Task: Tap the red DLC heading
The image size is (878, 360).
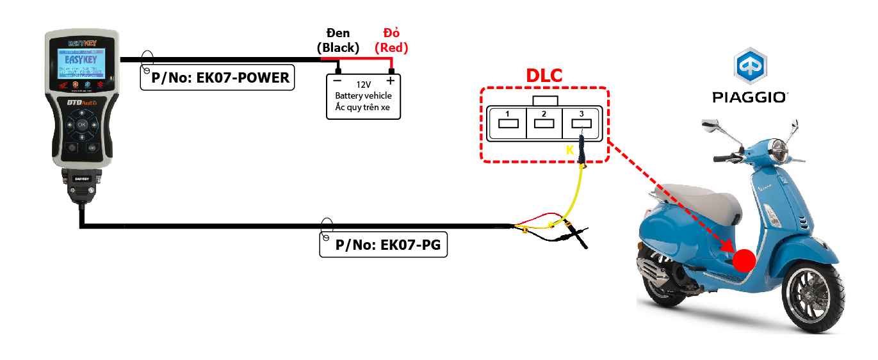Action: click(x=544, y=76)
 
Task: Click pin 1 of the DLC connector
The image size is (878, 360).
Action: click(x=507, y=122)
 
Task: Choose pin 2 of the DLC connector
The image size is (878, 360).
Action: click(x=544, y=122)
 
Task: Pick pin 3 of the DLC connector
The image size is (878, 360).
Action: click(x=581, y=122)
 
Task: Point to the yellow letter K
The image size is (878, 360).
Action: click(x=569, y=150)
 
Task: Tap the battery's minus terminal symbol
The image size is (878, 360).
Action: click(x=337, y=81)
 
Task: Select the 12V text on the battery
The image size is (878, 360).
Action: click(x=364, y=84)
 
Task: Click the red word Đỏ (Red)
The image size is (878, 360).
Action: click(x=391, y=40)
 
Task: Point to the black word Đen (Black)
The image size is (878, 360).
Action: click(x=338, y=40)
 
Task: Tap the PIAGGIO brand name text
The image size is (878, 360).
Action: click(x=750, y=97)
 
